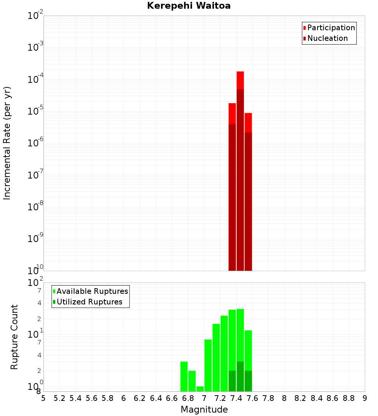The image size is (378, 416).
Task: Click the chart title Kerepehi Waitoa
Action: (189, 6)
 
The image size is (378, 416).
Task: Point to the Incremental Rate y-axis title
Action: (7, 143)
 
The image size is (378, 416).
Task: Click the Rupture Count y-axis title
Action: (14, 337)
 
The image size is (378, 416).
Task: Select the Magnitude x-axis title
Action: (204, 410)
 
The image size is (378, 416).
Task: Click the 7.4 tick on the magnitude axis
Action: (236, 398)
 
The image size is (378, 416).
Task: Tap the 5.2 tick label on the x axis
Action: (60, 398)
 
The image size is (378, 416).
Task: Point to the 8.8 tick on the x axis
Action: (349, 398)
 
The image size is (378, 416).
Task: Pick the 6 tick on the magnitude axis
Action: (124, 398)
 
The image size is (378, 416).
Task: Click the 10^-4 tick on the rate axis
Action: (36, 79)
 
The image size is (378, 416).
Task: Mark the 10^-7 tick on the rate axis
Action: (36, 175)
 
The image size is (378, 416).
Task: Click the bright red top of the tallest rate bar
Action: (240, 80)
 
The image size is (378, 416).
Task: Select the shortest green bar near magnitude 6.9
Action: (200, 389)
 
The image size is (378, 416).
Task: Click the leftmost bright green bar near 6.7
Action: (184, 376)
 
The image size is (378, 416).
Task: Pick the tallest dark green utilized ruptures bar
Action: (240, 376)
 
